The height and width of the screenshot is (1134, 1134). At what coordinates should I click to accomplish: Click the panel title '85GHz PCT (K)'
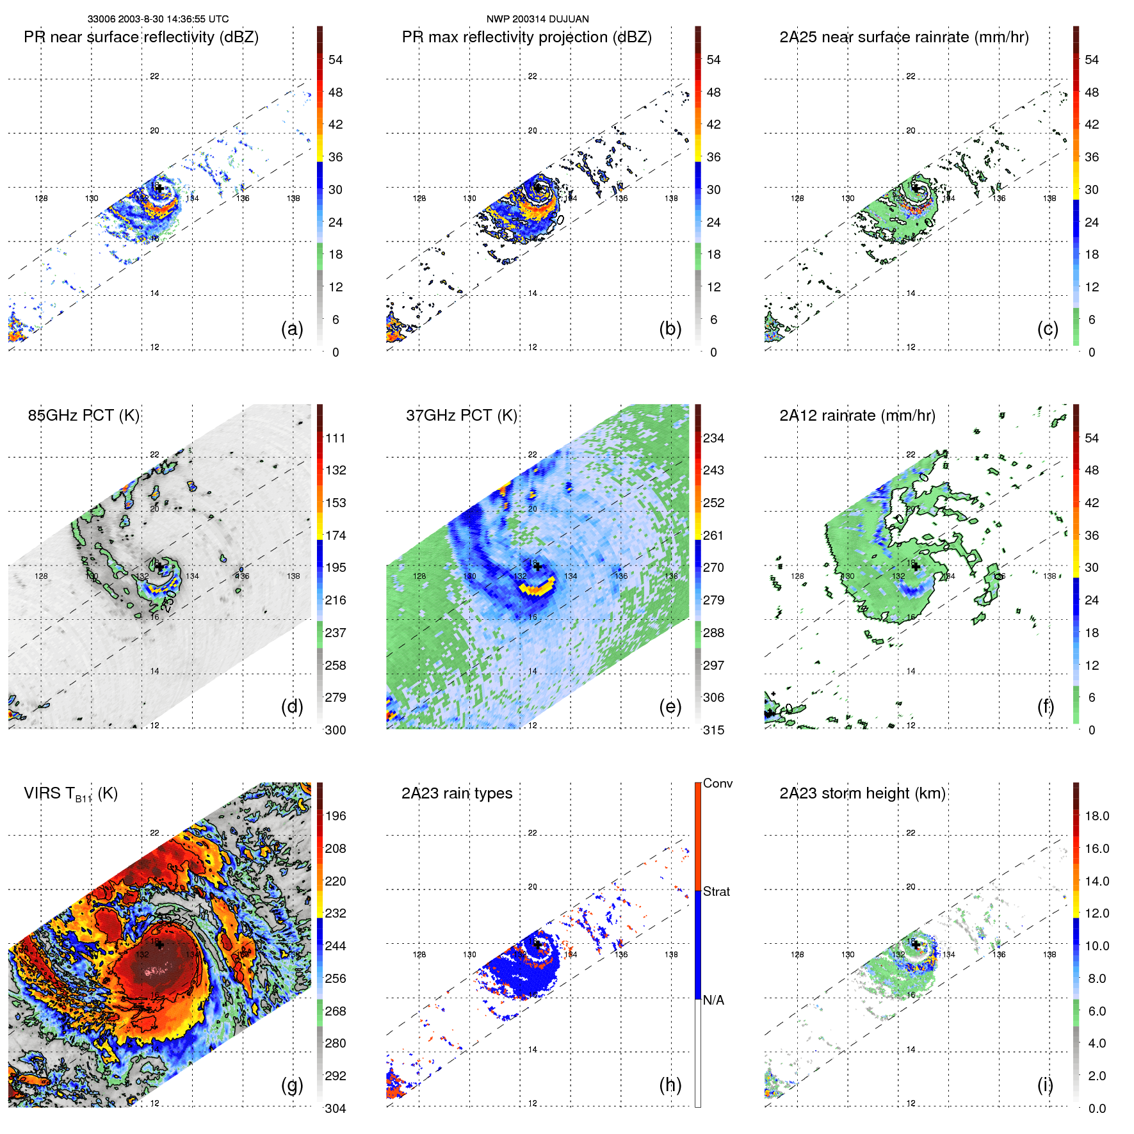[83, 416]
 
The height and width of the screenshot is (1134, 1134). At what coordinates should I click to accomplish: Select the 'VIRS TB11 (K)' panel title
[70, 794]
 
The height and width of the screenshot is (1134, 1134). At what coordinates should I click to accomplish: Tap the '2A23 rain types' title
[457, 793]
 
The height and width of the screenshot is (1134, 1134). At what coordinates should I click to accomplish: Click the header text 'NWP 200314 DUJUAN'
[537, 19]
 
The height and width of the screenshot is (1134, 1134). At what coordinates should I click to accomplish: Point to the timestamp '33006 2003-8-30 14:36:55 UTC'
[158, 19]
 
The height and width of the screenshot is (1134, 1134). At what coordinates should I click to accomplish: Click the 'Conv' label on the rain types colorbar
[717, 784]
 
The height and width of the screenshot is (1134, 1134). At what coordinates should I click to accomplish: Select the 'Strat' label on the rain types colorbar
[716, 891]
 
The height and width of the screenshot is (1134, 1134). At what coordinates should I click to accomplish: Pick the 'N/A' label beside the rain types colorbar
[713, 1000]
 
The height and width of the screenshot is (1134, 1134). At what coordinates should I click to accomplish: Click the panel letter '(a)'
[292, 328]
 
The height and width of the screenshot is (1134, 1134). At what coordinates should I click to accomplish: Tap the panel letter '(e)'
[670, 706]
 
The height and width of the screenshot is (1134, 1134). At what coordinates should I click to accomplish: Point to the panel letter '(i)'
[1045, 1085]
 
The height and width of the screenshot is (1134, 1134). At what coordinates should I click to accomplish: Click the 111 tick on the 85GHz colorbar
[336, 438]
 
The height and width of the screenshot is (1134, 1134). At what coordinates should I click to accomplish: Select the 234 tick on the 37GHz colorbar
[713, 438]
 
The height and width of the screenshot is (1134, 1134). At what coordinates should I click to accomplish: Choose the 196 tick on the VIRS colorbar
[336, 816]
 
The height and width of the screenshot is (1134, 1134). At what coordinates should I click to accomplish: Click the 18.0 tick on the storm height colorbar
[1097, 816]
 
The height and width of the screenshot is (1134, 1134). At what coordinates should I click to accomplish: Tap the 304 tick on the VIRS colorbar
[336, 1108]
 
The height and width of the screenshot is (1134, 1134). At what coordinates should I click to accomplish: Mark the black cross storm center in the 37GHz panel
[537, 566]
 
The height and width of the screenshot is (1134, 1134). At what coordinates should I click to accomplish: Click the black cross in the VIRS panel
[159, 944]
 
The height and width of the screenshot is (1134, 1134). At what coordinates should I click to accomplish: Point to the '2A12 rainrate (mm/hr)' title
[857, 416]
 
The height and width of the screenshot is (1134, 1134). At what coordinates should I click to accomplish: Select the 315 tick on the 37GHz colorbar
[713, 730]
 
